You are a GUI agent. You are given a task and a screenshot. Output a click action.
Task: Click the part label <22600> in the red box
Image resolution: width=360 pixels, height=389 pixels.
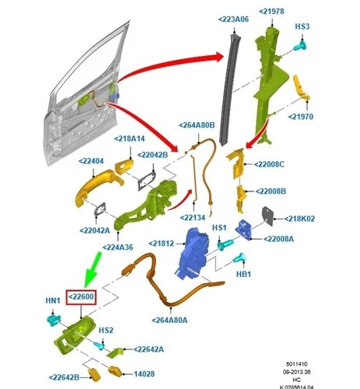(81, 296)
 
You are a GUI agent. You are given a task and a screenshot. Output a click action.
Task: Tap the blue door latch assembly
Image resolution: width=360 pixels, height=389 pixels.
(194, 254)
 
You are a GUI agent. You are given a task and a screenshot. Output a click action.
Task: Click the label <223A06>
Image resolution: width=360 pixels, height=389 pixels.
(233, 19)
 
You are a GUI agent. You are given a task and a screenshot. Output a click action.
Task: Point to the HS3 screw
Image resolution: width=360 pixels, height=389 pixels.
(300, 47)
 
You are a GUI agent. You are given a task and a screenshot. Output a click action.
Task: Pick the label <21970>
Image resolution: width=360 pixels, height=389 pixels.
(301, 117)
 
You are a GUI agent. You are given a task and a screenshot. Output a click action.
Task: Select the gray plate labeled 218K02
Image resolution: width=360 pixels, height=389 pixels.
(267, 216)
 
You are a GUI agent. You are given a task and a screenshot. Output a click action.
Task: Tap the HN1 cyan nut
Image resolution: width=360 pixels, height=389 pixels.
(54, 320)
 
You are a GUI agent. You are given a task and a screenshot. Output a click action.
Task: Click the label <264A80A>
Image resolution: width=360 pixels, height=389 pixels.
(170, 321)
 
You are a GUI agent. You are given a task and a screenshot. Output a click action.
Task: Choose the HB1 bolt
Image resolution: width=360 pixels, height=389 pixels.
(239, 258)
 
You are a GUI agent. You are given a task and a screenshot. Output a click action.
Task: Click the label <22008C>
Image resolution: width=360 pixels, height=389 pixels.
(269, 164)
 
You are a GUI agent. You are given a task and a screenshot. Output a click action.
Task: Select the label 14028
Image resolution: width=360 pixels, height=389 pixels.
(144, 373)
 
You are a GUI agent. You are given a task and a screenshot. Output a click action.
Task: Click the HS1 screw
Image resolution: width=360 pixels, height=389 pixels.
(225, 244)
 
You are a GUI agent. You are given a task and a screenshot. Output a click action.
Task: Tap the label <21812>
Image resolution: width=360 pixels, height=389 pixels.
(161, 244)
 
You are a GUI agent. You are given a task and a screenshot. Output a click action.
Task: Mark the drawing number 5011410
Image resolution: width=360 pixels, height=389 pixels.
(297, 364)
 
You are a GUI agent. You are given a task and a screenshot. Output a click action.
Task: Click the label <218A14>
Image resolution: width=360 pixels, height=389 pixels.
(129, 138)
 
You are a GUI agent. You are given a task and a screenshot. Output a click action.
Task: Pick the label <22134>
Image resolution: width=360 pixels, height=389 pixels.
(193, 217)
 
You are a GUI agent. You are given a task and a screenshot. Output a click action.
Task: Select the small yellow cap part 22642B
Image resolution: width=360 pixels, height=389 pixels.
(95, 375)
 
